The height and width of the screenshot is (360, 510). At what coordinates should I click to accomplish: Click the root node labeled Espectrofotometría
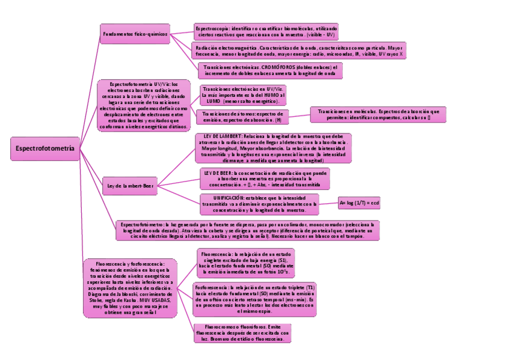pyautogui.click(x=45, y=148)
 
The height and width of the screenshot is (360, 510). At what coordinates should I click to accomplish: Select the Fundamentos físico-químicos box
pyautogui.click(x=134, y=34)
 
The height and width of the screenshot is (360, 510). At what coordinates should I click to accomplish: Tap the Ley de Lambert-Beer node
pyautogui.click(x=131, y=186)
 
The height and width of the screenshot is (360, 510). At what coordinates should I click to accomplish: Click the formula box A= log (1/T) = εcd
pyautogui.click(x=359, y=203)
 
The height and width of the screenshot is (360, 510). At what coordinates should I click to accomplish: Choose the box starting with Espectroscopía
pyautogui.click(x=266, y=31)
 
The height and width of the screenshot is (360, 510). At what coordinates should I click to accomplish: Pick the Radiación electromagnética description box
pyautogui.click(x=298, y=50)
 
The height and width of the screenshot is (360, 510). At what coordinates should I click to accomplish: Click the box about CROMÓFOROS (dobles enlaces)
pyautogui.click(x=269, y=70)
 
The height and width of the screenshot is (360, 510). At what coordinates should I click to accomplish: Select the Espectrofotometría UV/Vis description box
pyautogui.click(x=143, y=105)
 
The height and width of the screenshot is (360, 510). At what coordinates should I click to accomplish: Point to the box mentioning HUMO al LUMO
pyautogui.click(x=244, y=95)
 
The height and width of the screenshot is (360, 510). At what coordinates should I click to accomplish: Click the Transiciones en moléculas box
pyautogui.click(x=378, y=115)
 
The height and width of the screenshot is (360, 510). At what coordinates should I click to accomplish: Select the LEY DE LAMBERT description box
pyautogui.click(x=273, y=148)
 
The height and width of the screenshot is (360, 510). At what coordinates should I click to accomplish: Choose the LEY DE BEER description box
pyautogui.click(x=265, y=178)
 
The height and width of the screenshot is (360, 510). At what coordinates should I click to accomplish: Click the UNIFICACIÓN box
pyautogui.click(x=259, y=204)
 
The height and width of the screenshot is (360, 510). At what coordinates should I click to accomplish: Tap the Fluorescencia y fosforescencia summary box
pyautogui.click(x=130, y=288)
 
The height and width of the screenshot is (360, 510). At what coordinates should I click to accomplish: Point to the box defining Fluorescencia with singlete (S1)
pyautogui.click(x=246, y=263)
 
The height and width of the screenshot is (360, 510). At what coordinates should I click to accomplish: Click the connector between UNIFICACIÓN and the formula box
pyautogui.click(x=328, y=203)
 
